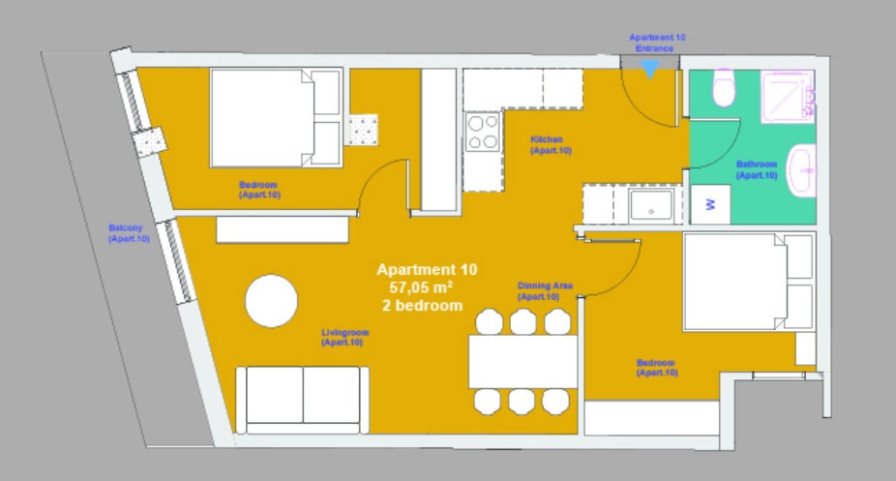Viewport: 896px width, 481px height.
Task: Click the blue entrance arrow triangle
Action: (649, 69)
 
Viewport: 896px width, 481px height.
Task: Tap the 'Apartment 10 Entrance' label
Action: (657, 43)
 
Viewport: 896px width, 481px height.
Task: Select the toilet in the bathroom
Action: (724, 87)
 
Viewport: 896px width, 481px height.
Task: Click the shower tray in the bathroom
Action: (787, 96)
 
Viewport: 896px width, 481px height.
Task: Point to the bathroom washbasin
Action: (802, 170)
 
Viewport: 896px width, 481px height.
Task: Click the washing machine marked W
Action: (710, 204)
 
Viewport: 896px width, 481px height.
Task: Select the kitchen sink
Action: (651, 205)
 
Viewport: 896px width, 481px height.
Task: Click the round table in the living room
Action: (272, 301)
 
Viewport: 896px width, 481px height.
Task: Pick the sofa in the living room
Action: (302, 400)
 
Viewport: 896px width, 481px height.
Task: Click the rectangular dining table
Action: (523, 362)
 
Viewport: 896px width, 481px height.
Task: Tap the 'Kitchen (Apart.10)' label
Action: (551, 145)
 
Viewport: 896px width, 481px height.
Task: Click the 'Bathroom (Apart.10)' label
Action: (757, 169)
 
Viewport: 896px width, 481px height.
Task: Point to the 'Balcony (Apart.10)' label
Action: (129, 233)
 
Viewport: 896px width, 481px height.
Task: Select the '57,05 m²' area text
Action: (421, 286)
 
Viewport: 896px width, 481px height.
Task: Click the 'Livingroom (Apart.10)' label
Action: (344, 337)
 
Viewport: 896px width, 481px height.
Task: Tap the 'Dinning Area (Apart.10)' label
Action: (545, 290)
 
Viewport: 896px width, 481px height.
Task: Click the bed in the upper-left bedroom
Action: (277, 118)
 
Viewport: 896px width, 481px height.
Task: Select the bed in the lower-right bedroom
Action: (749, 282)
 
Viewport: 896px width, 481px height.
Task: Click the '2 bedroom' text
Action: (422, 306)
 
